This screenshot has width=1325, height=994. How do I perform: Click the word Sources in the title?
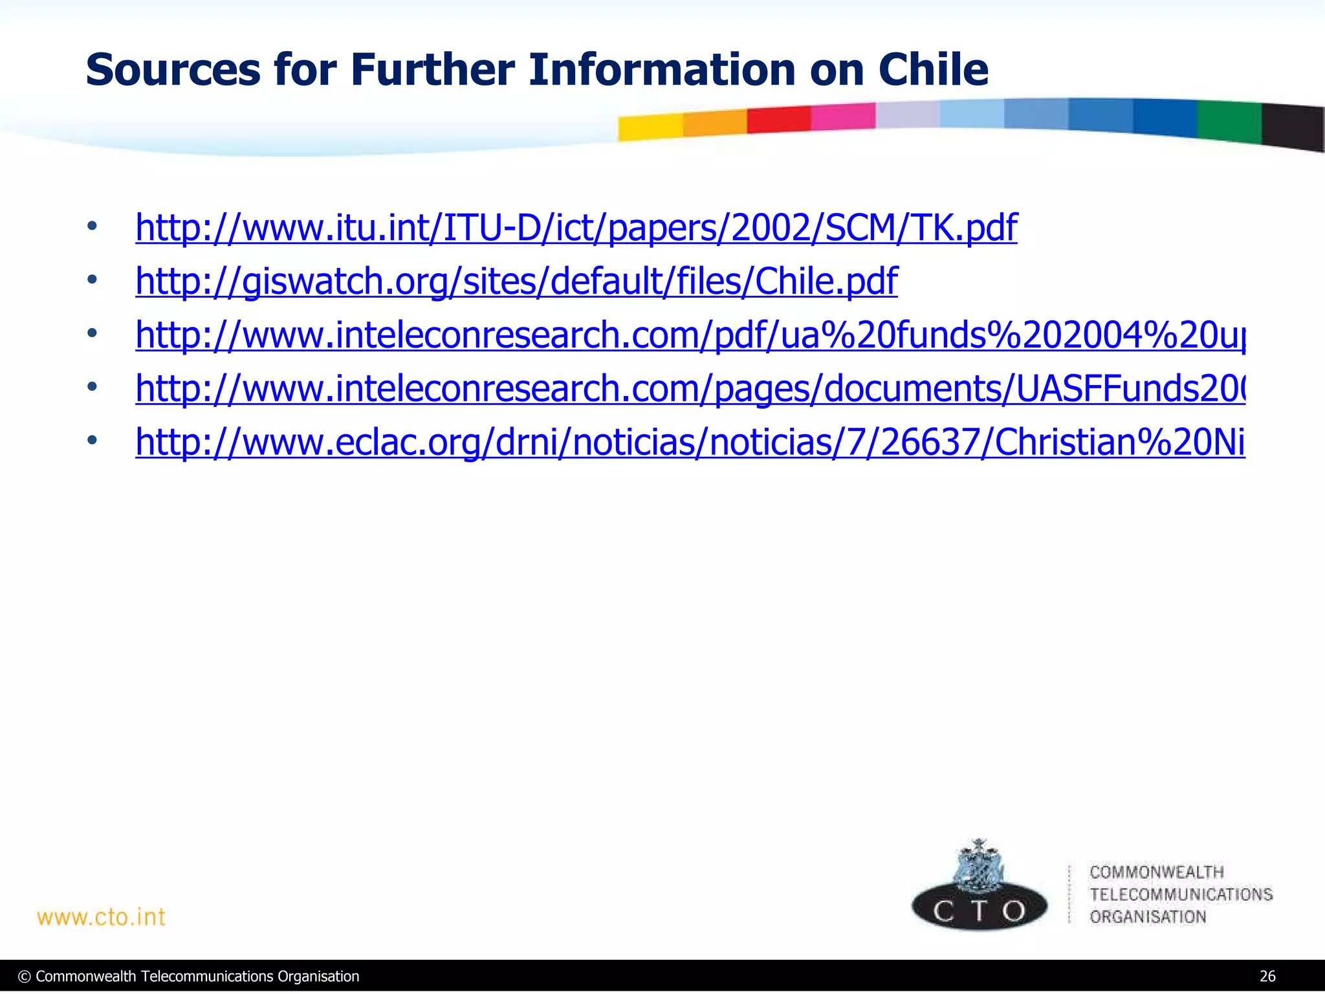click(x=172, y=70)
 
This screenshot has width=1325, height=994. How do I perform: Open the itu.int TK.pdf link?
click(x=576, y=228)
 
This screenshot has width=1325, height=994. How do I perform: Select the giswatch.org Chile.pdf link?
click(x=516, y=282)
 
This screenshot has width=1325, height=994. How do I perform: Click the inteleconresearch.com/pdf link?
click(x=690, y=335)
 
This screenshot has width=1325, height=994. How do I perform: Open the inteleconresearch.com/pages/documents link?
click(x=690, y=389)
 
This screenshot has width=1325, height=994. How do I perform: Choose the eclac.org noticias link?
click(x=690, y=443)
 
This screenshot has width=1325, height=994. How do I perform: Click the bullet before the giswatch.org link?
click(x=93, y=280)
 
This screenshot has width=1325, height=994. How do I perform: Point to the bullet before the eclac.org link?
click(x=93, y=441)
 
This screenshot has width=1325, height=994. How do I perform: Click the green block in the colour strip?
click(x=1229, y=122)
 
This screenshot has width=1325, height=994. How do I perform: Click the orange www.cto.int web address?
click(x=102, y=917)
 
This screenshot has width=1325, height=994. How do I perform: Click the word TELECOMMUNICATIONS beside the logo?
click(x=1181, y=894)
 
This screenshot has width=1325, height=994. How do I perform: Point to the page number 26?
click(x=1267, y=977)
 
